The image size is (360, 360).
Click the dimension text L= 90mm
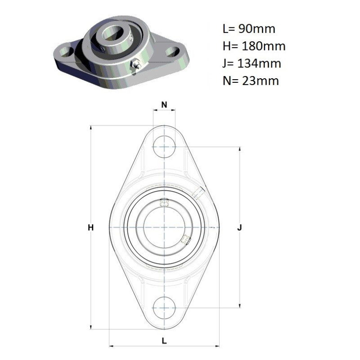pyautogui.click(x=249, y=29)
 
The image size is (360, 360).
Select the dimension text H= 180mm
pyautogui.click(x=254, y=46)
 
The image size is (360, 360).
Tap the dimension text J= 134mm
pyautogui.click(x=252, y=63)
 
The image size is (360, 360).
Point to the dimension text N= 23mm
pyautogui.click(x=251, y=81)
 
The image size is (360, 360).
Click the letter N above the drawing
pyautogui.click(x=164, y=105)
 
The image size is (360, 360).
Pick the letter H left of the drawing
pyautogui.click(x=91, y=228)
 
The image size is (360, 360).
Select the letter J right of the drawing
pyautogui.click(x=240, y=228)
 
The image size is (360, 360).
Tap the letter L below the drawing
pyautogui.click(x=164, y=341)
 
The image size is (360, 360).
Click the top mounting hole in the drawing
pyautogui.click(x=164, y=147)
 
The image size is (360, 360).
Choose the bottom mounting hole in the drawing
pyautogui.click(x=164, y=308)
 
